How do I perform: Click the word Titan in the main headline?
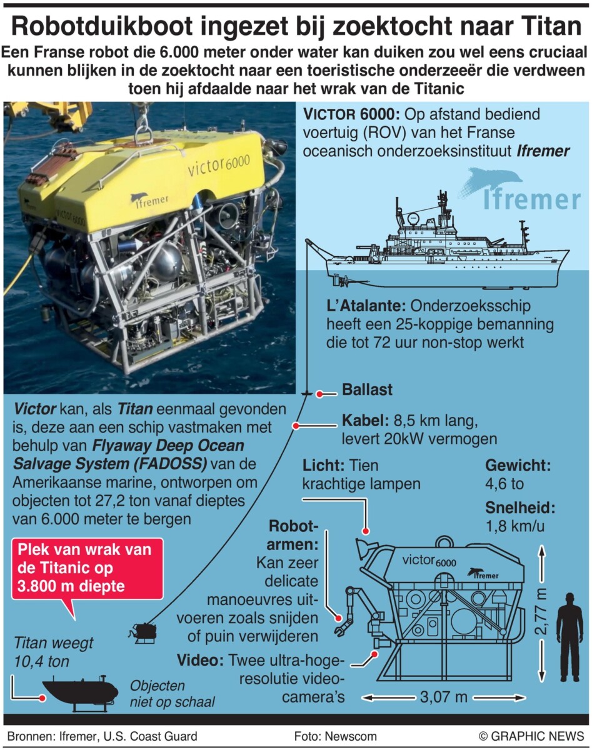(549, 26)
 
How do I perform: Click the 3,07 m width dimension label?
(443, 697)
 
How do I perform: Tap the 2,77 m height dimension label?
(541, 611)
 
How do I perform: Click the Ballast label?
(367, 389)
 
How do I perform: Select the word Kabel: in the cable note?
(365, 421)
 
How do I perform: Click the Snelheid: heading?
(520, 507)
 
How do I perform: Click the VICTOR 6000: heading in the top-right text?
(351, 114)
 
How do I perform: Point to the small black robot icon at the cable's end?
(143, 631)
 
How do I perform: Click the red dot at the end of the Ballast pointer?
(319, 394)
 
